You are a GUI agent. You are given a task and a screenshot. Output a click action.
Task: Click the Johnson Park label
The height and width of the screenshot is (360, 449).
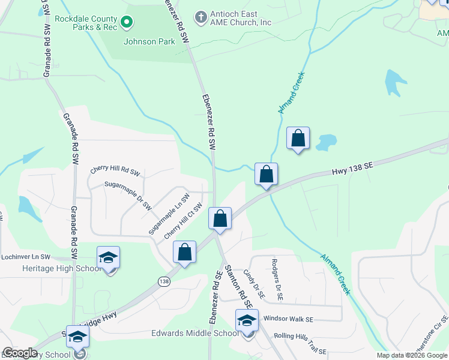pyautogui.click(x=149, y=42)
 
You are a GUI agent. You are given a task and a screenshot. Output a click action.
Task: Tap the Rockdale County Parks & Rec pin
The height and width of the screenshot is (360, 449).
pyautogui.click(x=127, y=23)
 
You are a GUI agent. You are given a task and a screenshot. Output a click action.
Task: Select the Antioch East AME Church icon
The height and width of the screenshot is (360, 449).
pyautogui.click(x=201, y=15)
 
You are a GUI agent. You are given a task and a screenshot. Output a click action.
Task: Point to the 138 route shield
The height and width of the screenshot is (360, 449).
pyautogui.click(x=163, y=281)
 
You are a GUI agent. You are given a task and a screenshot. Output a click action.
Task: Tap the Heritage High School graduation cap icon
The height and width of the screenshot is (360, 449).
pyautogui.click(x=108, y=258)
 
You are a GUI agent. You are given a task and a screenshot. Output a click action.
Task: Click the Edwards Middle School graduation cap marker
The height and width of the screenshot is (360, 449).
pyautogui.click(x=246, y=321)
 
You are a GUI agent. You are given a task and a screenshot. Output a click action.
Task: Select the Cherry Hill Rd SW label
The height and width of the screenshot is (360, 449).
pyautogui.click(x=115, y=170)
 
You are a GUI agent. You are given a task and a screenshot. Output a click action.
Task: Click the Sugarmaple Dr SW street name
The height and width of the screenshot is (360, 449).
pyautogui.click(x=128, y=196)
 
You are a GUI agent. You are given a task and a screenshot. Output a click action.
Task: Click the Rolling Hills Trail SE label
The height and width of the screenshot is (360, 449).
pyautogui.click(x=300, y=344)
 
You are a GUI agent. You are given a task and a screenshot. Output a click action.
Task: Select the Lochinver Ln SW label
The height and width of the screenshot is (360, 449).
pyautogui.click(x=26, y=256)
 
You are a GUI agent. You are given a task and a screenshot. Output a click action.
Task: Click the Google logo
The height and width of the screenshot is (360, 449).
pyautogui.click(x=20, y=353)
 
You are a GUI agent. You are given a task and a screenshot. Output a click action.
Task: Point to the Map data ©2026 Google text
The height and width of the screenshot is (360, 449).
pyautogui.click(x=411, y=355)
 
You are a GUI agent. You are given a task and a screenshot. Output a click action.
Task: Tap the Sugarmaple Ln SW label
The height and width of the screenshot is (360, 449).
pyautogui.click(x=169, y=213)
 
